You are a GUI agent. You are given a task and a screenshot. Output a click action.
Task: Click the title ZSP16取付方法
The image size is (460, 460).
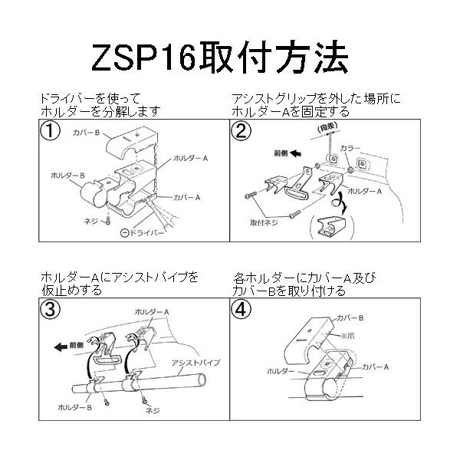coord(230,58)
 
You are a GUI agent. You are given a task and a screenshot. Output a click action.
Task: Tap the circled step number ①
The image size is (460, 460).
coord(51,130)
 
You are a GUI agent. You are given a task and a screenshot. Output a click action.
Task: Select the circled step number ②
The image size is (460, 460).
coord(242,130)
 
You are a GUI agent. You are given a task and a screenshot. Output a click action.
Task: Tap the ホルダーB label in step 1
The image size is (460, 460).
coord(63,176)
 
